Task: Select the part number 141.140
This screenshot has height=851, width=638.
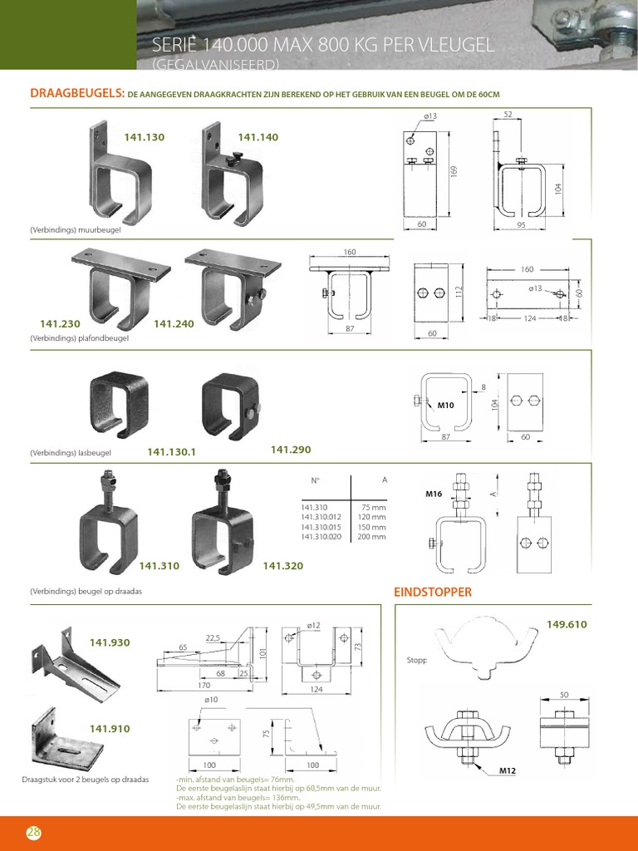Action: pos(258,137)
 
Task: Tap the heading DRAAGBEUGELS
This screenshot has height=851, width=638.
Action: pos(76,95)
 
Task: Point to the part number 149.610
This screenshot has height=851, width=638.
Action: pos(567,624)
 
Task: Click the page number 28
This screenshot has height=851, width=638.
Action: pos(33,833)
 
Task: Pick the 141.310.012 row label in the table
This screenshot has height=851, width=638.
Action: pos(323,516)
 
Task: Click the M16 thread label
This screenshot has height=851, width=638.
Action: pos(434,494)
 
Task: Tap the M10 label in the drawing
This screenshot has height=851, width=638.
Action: pos(447,406)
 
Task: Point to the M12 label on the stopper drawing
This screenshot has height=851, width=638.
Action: pos(508,771)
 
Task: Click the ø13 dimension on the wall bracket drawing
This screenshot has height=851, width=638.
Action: pos(429,116)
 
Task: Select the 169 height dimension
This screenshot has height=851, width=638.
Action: pos(454,170)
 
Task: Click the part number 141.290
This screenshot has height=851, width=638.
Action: pos(291,450)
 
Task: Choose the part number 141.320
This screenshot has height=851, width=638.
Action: pos(282,566)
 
